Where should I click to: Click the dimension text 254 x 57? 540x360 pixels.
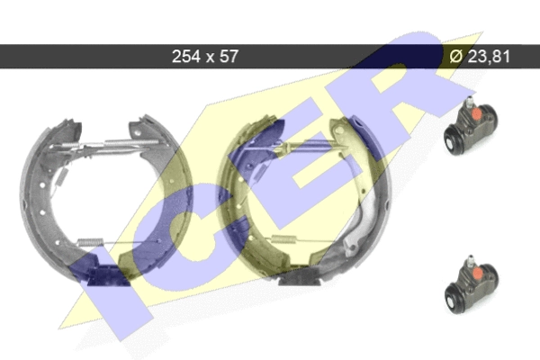click(x=205, y=56)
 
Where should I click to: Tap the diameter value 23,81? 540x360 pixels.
click(x=489, y=56)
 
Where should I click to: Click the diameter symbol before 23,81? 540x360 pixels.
click(x=456, y=56)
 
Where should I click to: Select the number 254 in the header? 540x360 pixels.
click(x=186, y=56)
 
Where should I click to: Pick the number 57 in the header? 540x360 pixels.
click(x=229, y=56)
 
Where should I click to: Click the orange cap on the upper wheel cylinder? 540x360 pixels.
click(x=477, y=114)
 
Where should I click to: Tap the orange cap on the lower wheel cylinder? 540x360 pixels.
click(x=477, y=274)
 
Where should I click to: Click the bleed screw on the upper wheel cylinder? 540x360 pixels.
click(x=469, y=103)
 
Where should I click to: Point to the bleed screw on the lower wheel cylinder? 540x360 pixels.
click(x=470, y=261)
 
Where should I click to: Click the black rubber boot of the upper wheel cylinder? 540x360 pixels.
click(x=453, y=141)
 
